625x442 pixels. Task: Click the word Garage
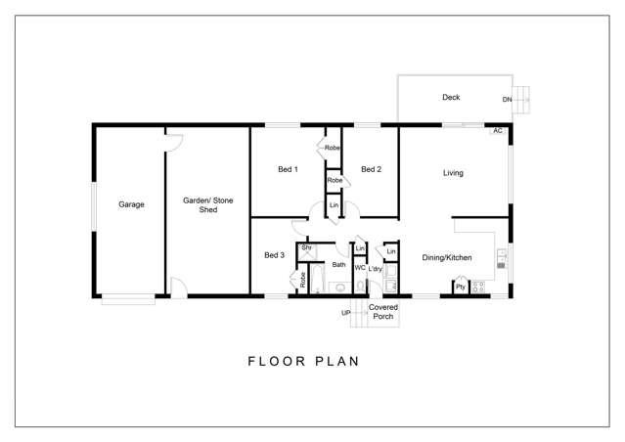[x=131, y=204]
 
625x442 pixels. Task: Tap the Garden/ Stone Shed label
[x=208, y=204]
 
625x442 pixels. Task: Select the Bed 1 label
[x=288, y=169]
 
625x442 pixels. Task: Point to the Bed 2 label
[x=371, y=169]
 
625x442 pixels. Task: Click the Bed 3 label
[x=274, y=255]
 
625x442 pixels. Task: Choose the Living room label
[x=453, y=173]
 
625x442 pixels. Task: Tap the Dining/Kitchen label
[x=447, y=258]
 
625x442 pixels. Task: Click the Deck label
[x=451, y=97]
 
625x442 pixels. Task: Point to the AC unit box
[x=498, y=131]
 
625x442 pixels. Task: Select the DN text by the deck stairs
[x=507, y=99]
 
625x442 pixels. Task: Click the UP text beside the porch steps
[x=346, y=313]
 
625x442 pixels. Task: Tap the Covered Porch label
[x=383, y=312]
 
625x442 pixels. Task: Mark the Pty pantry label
[x=461, y=287]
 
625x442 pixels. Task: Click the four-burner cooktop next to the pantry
[x=478, y=287]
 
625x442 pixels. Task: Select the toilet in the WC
[x=360, y=286]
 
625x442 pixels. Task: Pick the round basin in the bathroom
[x=340, y=287]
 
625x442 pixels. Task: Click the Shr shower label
[x=306, y=247]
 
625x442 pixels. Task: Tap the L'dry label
[x=375, y=269]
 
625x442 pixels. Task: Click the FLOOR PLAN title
[x=304, y=362]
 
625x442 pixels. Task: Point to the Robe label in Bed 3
[x=302, y=280]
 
